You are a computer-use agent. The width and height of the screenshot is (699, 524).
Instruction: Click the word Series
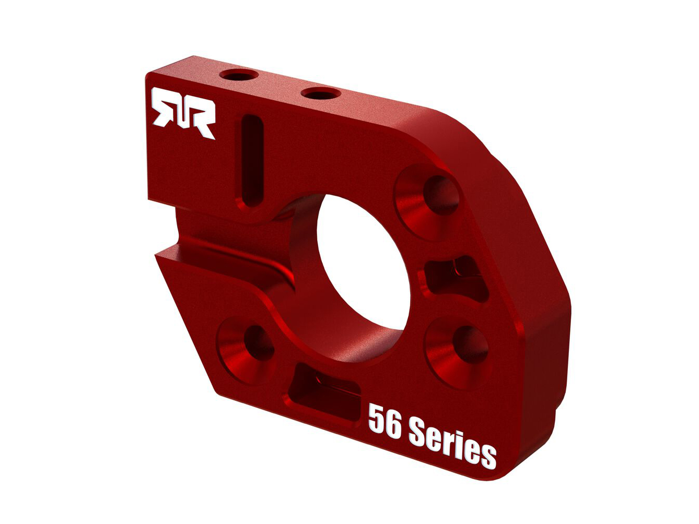452,443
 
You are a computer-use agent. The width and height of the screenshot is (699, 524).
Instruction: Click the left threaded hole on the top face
239,76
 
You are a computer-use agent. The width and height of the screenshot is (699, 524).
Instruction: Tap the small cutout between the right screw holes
455,274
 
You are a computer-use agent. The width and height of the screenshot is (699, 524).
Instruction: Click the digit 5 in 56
377,419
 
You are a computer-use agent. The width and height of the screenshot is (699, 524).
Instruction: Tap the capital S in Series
418,432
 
